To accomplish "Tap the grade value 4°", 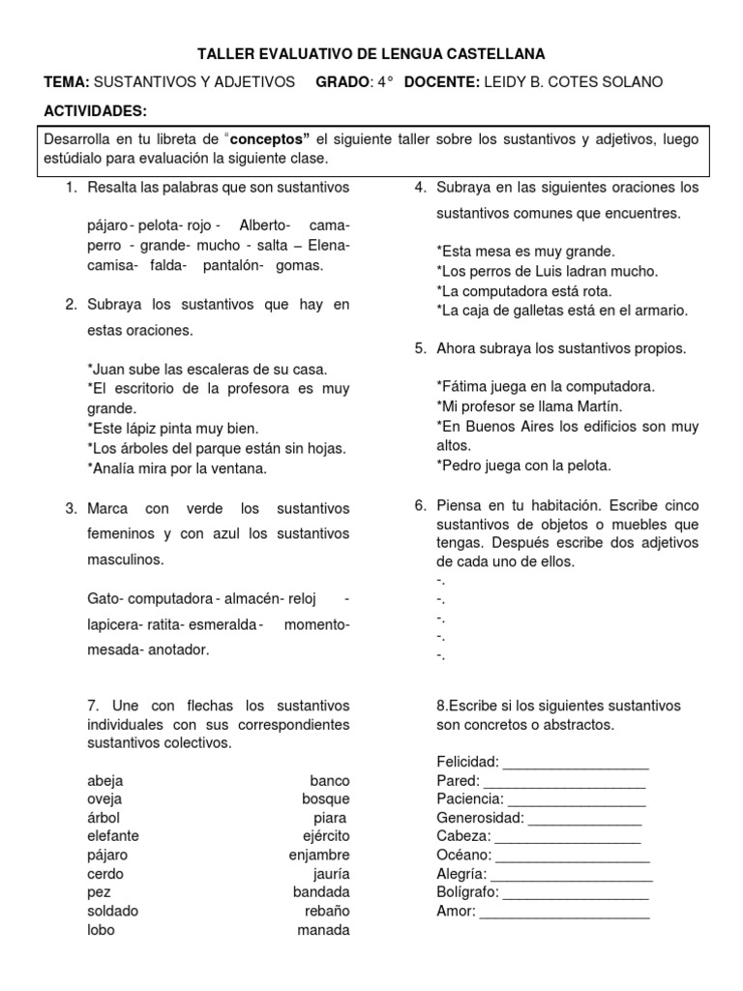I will coord(385,82).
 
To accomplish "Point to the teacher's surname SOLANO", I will coord(631,82).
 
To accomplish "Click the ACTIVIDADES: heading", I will coord(97,111).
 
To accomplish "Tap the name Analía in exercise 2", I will coord(114,468).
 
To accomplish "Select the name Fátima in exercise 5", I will coord(463,386).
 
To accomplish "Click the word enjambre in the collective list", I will coord(319,855).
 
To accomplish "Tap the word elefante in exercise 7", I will coord(112,835).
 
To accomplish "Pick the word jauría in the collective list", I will coord(328,873).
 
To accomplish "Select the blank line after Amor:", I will coord(565,911).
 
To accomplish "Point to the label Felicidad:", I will coord(467,761).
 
